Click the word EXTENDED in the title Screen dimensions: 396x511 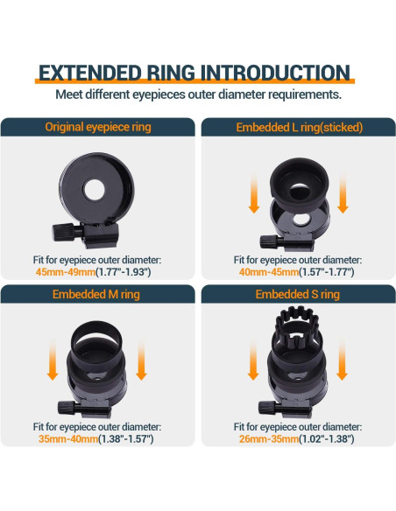point(90,73)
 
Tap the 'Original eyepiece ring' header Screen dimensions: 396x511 point(98,127)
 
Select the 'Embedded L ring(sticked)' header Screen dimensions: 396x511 point(299,128)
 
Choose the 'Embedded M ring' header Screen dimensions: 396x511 point(96,294)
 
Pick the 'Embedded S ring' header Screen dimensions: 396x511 point(298,294)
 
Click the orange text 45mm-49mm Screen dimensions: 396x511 point(66,272)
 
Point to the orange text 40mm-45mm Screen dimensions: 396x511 point(269,272)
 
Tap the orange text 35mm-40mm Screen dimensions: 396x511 point(68,438)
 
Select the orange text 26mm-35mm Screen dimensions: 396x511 point(269,438)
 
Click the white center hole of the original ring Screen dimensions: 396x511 point(94,189)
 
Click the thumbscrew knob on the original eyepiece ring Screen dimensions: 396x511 point(63,232)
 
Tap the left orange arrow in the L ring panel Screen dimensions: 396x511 point(254,193)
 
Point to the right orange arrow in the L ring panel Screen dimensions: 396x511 point(343,193)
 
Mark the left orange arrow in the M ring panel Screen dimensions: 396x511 point(53,360)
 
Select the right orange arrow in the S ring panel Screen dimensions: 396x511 point(342,360)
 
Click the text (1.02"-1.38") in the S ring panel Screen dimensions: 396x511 point(327,438)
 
